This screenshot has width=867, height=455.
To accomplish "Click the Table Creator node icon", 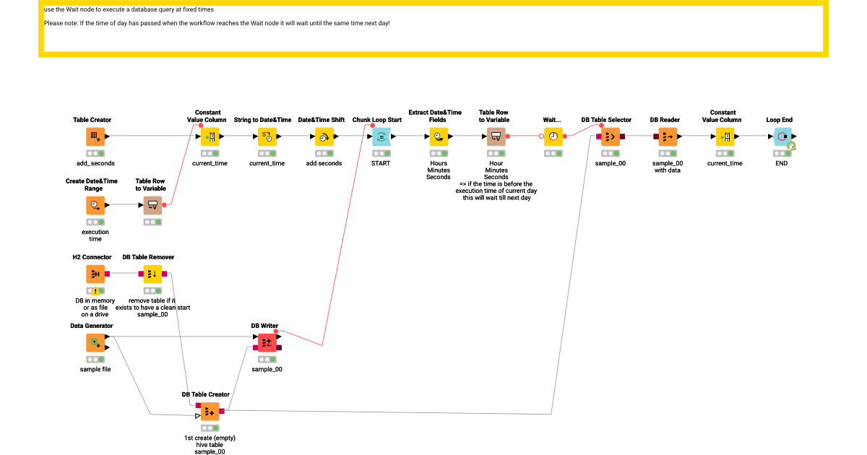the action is click(x=95, y=136).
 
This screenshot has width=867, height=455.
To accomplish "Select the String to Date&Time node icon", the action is click(x=267, y=136).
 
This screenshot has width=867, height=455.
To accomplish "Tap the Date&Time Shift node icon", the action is click(x=324, y=136).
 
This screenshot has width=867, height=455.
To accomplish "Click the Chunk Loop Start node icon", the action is click(x=381, y=136).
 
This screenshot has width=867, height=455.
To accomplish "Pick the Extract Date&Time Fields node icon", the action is click(x=439, y=136).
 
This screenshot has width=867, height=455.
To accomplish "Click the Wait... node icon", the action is click(x=553, y=136).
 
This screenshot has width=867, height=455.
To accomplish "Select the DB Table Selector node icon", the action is click(x=611, y=136).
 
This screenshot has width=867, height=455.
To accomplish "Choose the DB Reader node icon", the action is click(x=668, y=136).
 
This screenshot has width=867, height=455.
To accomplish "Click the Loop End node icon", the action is click(x=782, y=136).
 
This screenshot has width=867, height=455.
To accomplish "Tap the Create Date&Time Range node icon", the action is click(x=95, y=205).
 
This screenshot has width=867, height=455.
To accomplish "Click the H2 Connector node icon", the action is click(x=95, y=274).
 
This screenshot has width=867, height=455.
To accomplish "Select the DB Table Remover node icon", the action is click(x=152, y=274).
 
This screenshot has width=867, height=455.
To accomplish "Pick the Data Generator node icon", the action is click(x=95, y=342).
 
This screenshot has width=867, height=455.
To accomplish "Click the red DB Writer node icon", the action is click(x=267, y=342).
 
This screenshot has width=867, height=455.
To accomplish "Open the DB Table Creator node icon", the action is click(x=210, y=411).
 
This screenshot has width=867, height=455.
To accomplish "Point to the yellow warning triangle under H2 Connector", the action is click(x=95, y=291).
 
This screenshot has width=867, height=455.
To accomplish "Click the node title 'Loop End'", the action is click(x=779, y=120).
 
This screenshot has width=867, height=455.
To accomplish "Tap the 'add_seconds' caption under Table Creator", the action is click(x=95, y=163).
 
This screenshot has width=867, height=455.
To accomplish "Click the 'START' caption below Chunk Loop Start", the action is click(x=381, y=163).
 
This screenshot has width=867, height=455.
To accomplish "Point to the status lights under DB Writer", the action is click(x=267, y=360).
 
